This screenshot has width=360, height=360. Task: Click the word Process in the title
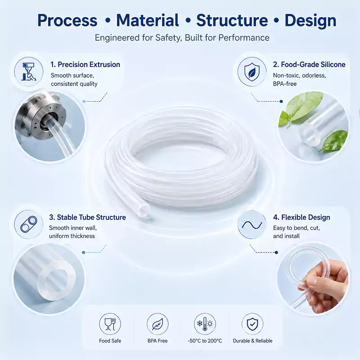point(67,21)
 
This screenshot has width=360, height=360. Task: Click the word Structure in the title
point(232,20)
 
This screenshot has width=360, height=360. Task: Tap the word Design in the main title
point(310,21)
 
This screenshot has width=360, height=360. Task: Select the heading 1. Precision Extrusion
point(85,64)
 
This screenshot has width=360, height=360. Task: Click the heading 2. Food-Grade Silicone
point(309,64)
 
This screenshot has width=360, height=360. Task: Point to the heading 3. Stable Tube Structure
point(87,217)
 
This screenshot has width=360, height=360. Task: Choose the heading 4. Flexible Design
point(301,217)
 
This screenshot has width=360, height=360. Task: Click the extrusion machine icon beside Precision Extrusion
point(28,72)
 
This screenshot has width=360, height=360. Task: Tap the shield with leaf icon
point(252,72)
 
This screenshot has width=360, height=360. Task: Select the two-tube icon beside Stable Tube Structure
point(29,224)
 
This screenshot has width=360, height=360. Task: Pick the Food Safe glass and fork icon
point(110,324)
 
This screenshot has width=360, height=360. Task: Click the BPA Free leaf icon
point(157,324)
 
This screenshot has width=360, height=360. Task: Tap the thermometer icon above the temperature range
point(205,324)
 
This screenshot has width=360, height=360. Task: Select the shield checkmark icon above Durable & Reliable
point(252,324)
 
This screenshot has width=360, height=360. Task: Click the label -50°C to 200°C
point(205,341)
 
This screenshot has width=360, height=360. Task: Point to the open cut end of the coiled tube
point(144,210)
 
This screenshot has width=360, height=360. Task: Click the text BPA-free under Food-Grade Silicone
point(285,84)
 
